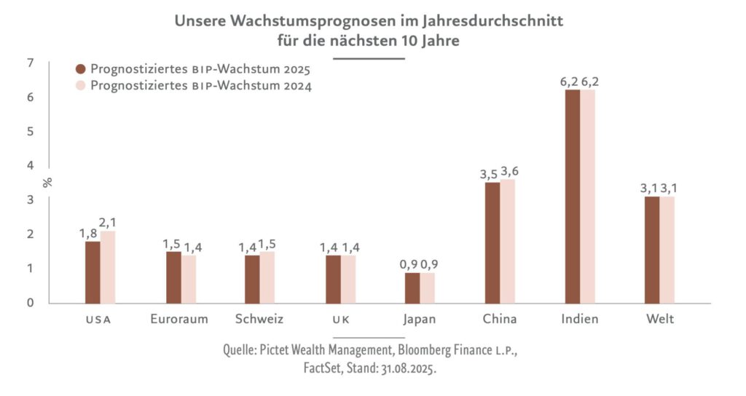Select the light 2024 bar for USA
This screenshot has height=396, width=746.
coord(108,266)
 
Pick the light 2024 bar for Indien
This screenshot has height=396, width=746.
coord(588,196)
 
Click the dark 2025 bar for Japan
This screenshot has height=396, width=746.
coord(412,288)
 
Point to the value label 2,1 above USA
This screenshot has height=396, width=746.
coord(108,221)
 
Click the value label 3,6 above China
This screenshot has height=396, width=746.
coord(509,170)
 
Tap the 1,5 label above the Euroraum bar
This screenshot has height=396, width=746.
coord(173,242)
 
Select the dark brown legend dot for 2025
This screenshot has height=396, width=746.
coord(81,70)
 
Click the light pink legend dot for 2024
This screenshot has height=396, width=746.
coord(81,87)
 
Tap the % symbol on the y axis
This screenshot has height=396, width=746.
coord(48,182)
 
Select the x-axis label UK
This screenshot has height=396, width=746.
coord(340,320)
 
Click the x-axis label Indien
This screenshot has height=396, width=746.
coord(580,319)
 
